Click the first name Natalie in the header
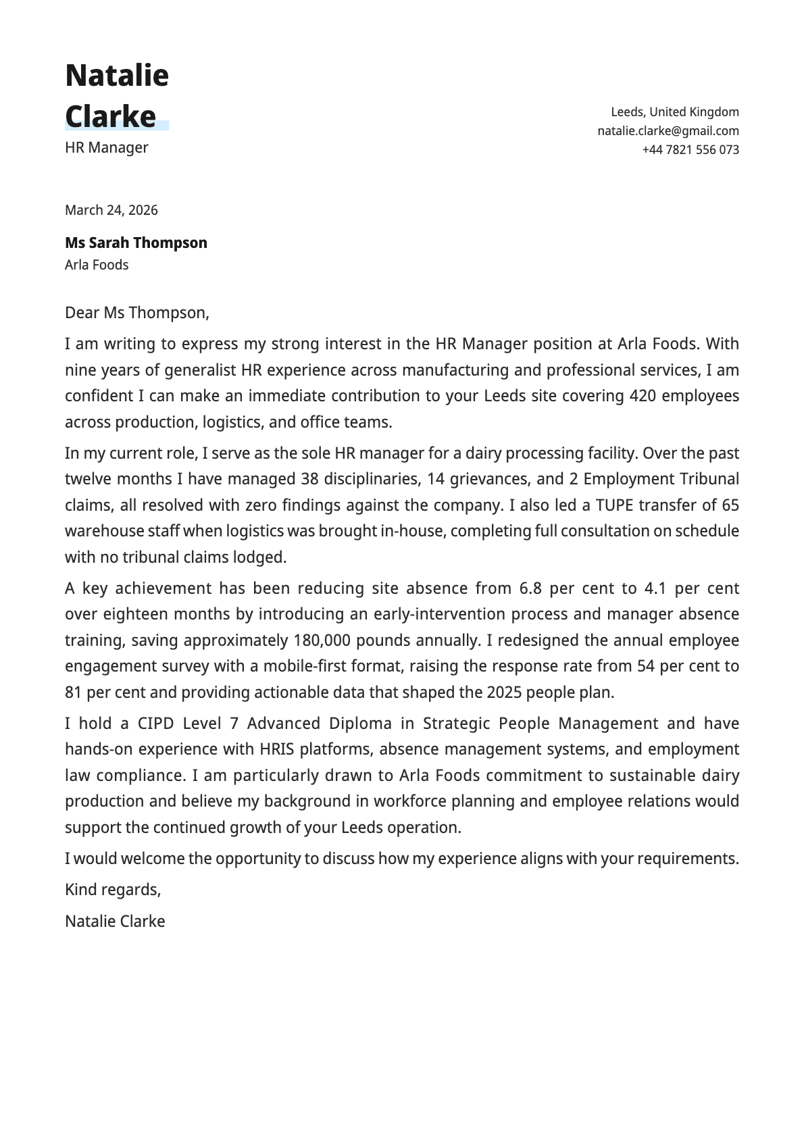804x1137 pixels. pyautogui.click(x=117, y=75)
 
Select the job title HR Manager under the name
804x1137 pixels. pyautogui.click(x=107, y=147)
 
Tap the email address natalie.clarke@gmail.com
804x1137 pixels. pyautogui.click(x=668, y=131)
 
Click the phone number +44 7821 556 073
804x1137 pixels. pyautogui.click(x=690, y=150)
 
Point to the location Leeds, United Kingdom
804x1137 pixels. pyautogui.click(x=674, y=112)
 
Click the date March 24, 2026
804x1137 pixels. pyautogui.click(x=111, y=210)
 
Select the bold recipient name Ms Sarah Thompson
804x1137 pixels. pyautogui.click(x=136, y=243)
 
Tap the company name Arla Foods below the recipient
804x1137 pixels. pyautogui.click(x=97, y=265)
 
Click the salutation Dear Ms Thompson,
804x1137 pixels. pyautogui.click(x=137, y=313)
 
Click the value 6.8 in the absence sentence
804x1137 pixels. pyautogui.click(x=530, y=588)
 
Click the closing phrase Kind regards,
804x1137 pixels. pyautogui.click(x=113, y=890)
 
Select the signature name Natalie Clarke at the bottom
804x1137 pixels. pyautogui.click(x=115, y=921)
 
